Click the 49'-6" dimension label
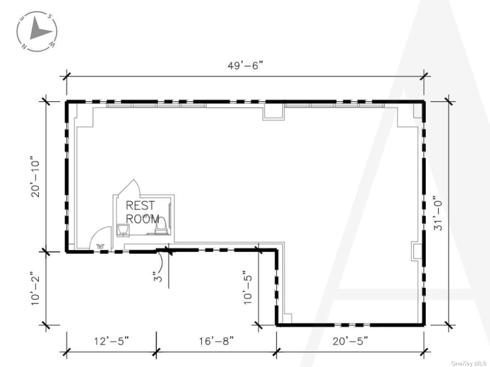click(x=245, y=66)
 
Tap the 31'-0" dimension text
click(x=438, y=213)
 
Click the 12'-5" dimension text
click(x=111, y=341)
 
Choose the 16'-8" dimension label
click(x=216, y=341)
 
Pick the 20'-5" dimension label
click(x=350, y=341)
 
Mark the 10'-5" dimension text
click(x=247, y=287)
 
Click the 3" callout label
click(x=158, y=276)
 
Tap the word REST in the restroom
click(x=140, y=205)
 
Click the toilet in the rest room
click(x=161, y=226)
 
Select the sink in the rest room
click(x=123, y=230)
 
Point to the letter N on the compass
click(x=24, y=46)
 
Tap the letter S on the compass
click(x=50, y=16)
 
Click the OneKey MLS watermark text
click(x=468, y=363)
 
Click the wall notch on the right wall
click(x=417, y=251)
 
